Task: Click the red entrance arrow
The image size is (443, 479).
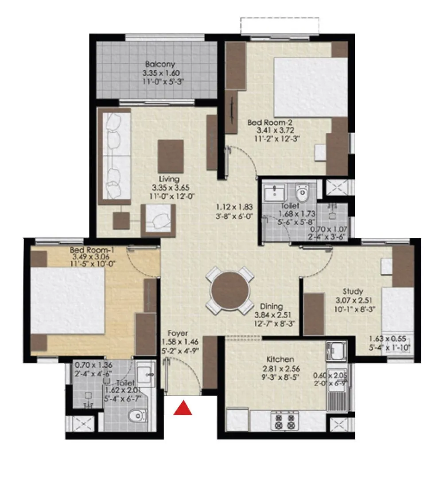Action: [x=182, y=408]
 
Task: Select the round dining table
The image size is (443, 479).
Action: [x=230, y=290]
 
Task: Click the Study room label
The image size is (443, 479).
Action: [x=353, y=291]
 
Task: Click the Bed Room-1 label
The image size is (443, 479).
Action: [x=92, y=250]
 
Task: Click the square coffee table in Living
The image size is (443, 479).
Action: [x=171, y=156]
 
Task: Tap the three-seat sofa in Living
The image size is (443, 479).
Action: [x=114, y=156]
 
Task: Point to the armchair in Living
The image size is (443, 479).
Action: [x=158, y=220]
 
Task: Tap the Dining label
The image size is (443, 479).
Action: [x=272, y=307]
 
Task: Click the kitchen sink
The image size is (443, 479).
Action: [x=335, y=351]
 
